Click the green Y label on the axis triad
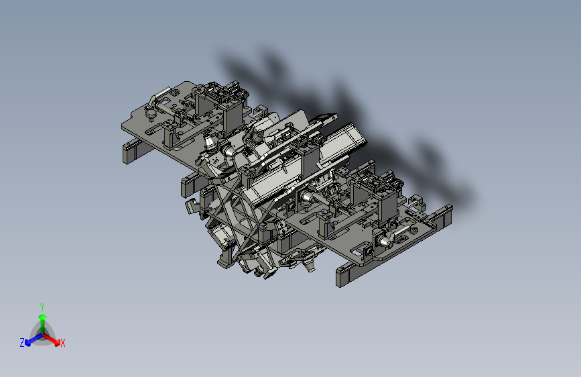42,307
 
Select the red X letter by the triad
62,343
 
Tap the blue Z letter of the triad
22,343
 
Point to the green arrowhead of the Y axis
43,317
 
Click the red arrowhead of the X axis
57,343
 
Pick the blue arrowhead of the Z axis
27,343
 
